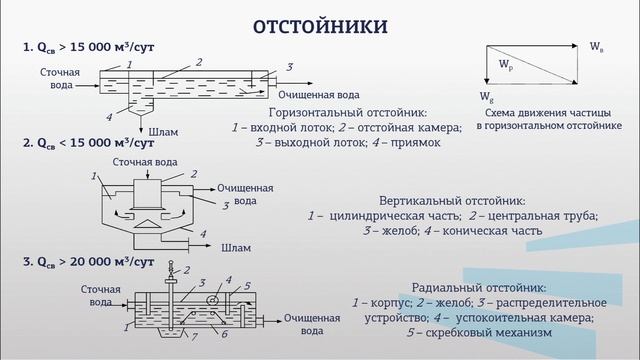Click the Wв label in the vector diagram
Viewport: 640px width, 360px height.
click(597, 46)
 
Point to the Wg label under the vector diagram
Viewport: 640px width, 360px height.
click(487, 98)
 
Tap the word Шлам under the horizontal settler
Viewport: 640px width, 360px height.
click(163, 129)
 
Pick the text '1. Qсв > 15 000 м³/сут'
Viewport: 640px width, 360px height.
click(88, 47)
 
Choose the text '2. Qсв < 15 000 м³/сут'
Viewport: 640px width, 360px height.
click(88, 144)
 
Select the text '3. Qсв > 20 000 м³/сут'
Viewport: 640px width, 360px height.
click(88, 263)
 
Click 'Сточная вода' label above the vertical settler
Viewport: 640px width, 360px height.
click(146, 161)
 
